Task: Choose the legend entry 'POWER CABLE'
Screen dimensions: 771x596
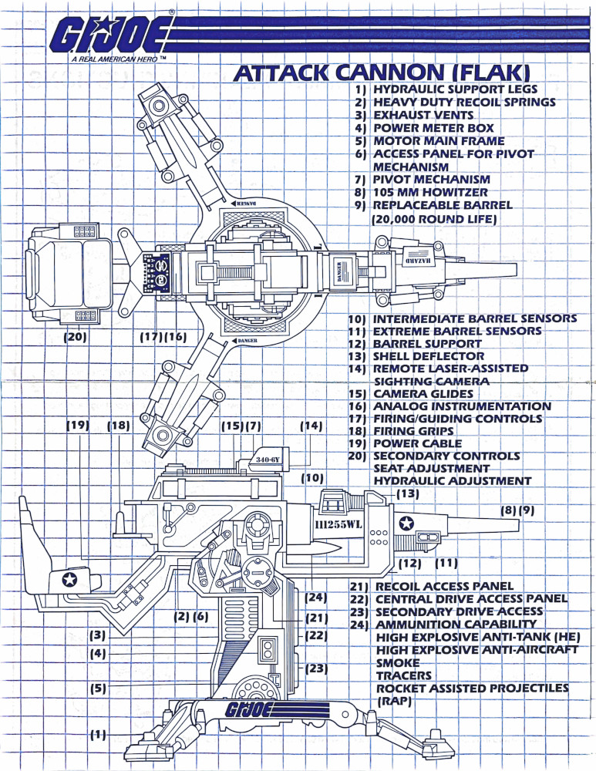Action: pos(417,443)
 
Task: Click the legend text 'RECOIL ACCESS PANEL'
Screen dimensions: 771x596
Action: pos(443,587)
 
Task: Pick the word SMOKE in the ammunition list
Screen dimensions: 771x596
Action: pos(398,662)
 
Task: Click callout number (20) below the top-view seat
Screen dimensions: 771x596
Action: pos(76,337)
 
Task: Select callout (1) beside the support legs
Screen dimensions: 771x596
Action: pos(98,735)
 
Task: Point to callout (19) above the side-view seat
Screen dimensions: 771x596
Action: pos(78,425)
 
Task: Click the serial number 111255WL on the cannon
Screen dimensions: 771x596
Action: pos(339,524)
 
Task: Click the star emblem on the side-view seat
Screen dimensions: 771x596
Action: pos(71,577)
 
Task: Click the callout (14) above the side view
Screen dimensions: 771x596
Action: pos(311,425)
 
